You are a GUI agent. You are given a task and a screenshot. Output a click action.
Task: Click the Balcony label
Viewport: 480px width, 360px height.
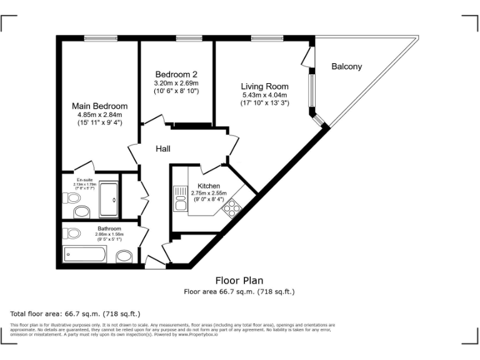tap(346, 67)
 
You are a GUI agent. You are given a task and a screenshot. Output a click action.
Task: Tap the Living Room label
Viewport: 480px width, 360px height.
tap(265, 86)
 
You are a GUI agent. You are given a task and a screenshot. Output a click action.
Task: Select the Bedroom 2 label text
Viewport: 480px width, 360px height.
tap(176, 74)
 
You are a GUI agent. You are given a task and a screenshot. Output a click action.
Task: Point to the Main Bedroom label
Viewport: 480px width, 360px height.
tap(99, 106)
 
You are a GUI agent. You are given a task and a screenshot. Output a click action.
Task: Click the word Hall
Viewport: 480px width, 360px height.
tap(163, 149)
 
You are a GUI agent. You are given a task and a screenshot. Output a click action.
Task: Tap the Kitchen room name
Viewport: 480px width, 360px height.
tap(208, 186)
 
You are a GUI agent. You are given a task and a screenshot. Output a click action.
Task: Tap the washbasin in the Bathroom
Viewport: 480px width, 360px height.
tap(124, 256)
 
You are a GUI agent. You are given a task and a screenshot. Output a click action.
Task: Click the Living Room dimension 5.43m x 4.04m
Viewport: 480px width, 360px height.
tap(265, 95)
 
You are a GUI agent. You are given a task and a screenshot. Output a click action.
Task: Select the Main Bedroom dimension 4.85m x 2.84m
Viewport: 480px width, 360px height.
tap(99, 115)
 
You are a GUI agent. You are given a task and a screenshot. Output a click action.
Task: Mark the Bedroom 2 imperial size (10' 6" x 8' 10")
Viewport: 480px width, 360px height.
tap(176, 91)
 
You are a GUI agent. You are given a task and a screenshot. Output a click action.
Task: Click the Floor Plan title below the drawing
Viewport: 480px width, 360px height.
tap(239, 281)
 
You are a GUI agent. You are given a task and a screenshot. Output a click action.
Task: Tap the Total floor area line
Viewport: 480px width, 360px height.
tap(75, 313)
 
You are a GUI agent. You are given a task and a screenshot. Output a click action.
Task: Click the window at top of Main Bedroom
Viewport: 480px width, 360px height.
tap(101, 39)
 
